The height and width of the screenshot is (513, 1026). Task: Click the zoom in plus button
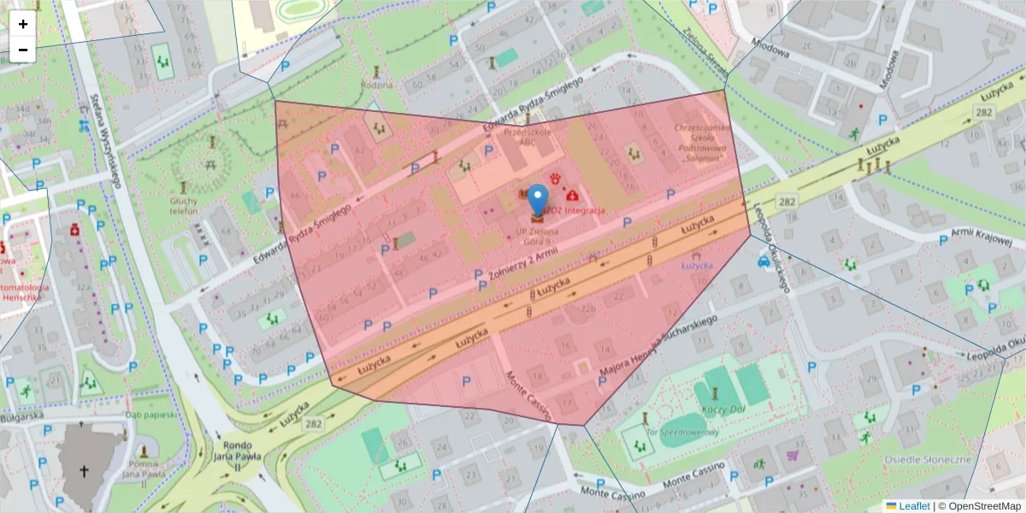coord(23,24)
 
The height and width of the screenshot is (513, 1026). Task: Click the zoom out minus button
coord(23,50)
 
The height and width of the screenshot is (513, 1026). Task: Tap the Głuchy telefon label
coord(183,204)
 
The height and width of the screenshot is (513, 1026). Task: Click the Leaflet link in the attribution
coord(914,506)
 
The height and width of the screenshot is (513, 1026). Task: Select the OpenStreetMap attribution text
coord(979,506)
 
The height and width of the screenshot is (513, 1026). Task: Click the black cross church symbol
coord(84,471)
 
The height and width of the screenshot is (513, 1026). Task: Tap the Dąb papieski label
coord(150,415)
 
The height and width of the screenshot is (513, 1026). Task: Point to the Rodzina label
coord(377,85)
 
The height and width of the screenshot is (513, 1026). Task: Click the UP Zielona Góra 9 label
coord(537,236)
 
